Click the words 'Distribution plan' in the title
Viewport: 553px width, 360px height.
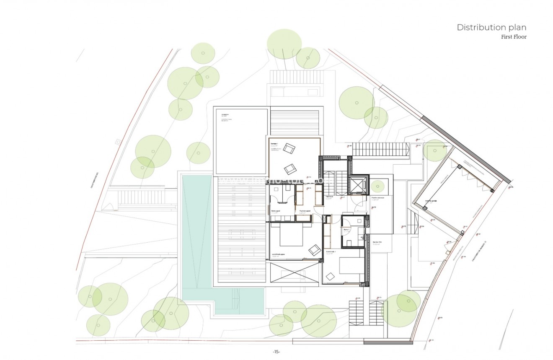pos(491,28)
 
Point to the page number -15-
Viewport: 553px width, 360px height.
pos(276,352)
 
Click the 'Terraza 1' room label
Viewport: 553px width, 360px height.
pos(275,143)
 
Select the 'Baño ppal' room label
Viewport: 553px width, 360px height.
pos(275,211)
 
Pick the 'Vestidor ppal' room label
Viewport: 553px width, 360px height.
pos(305,211)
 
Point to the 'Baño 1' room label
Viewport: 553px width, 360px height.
pos(346,230)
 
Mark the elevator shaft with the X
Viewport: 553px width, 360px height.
pos(359,184)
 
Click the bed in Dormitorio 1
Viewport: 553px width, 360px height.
pos(351,265)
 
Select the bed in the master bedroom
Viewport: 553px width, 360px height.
pos(292,237)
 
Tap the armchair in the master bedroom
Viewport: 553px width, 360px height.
pos(314,250)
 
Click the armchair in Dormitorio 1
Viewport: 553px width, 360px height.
pos(331,276)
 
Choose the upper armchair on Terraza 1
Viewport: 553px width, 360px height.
pos(289,148)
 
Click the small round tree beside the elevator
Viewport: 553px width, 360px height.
pos(377,185)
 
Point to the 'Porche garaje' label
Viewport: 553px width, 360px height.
pos(431,201)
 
